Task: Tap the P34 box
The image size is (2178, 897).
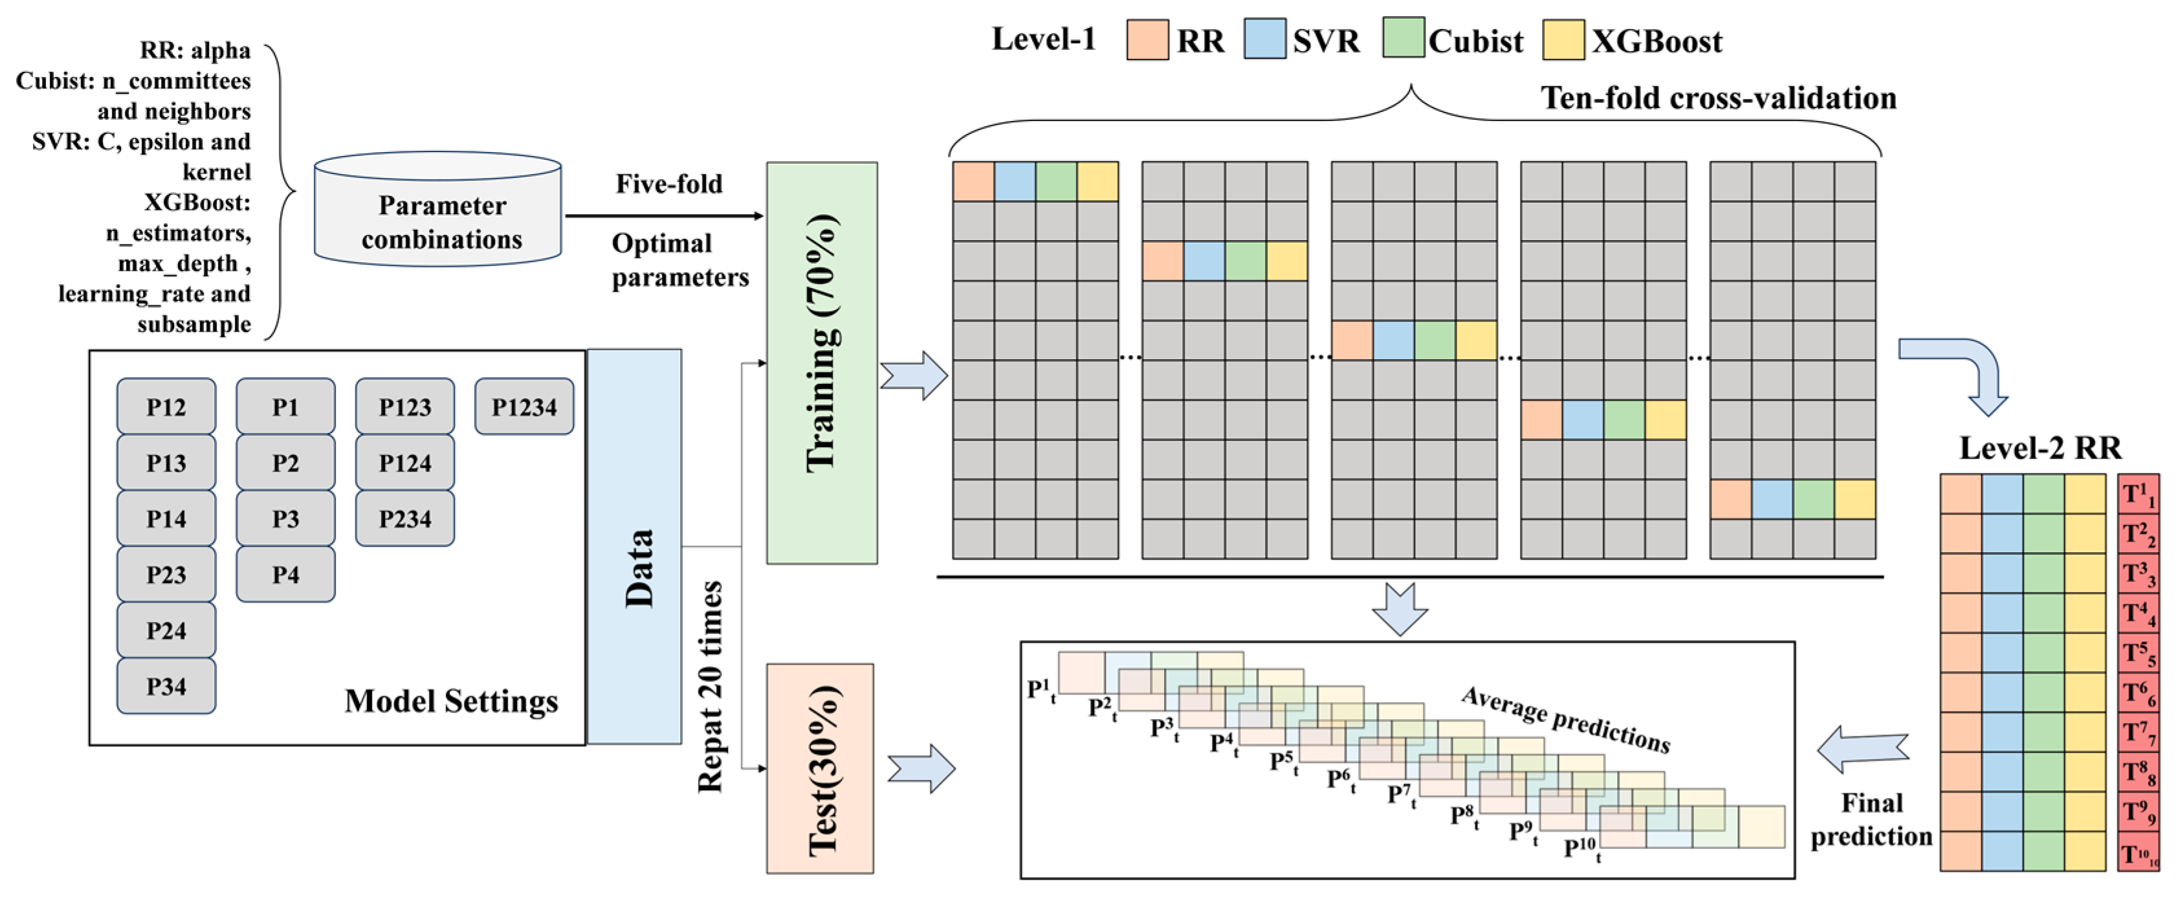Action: tap(166, 685)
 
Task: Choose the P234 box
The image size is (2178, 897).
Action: tap(404, 518)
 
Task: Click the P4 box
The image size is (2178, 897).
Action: tap(285, 574)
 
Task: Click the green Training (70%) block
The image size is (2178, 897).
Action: tap(821, 364)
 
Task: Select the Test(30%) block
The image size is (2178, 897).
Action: tap(820, 768)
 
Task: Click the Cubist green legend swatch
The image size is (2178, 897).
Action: tap(1403, 39)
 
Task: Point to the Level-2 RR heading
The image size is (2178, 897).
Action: tap(2040, 447)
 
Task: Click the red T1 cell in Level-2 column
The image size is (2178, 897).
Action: tap(2139, 494)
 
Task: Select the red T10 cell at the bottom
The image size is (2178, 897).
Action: tap(2139, 853)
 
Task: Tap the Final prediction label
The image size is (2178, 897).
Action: tap(1871, 819)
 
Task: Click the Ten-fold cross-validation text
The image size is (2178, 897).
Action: tap(1718, 98)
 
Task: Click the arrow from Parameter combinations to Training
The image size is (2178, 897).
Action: tap(664, 216)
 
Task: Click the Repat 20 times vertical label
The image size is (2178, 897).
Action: tap(710, 687)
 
